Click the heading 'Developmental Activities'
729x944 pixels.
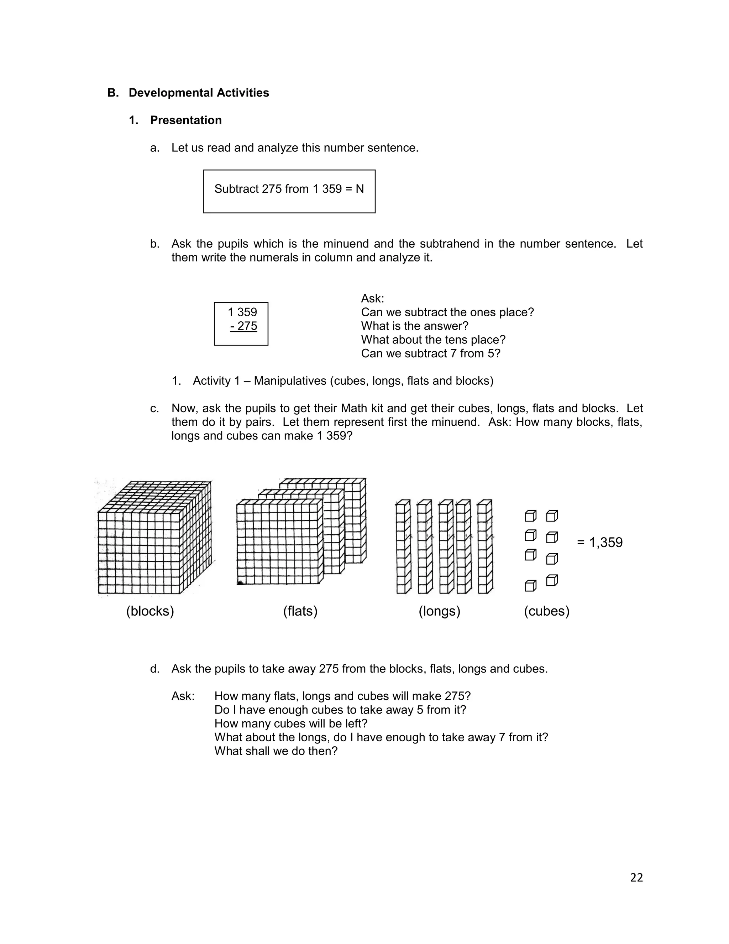click(199, 93)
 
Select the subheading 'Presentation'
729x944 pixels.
click(186, 120)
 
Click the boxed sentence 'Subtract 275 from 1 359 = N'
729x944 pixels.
click(289, 189)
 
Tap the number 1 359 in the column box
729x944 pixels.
click(242, 312)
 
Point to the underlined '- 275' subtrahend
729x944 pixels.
click(243, 326)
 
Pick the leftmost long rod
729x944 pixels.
click(403, 547)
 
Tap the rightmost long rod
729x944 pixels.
click(484, 547)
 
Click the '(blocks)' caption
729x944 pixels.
click(150, 611)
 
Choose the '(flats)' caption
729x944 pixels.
click(300, 611)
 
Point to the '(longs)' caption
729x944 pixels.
click(439, 611)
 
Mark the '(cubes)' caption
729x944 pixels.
click(546, 611)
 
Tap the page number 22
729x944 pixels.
click(636, 877)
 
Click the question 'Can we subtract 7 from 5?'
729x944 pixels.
click(431, 354)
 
